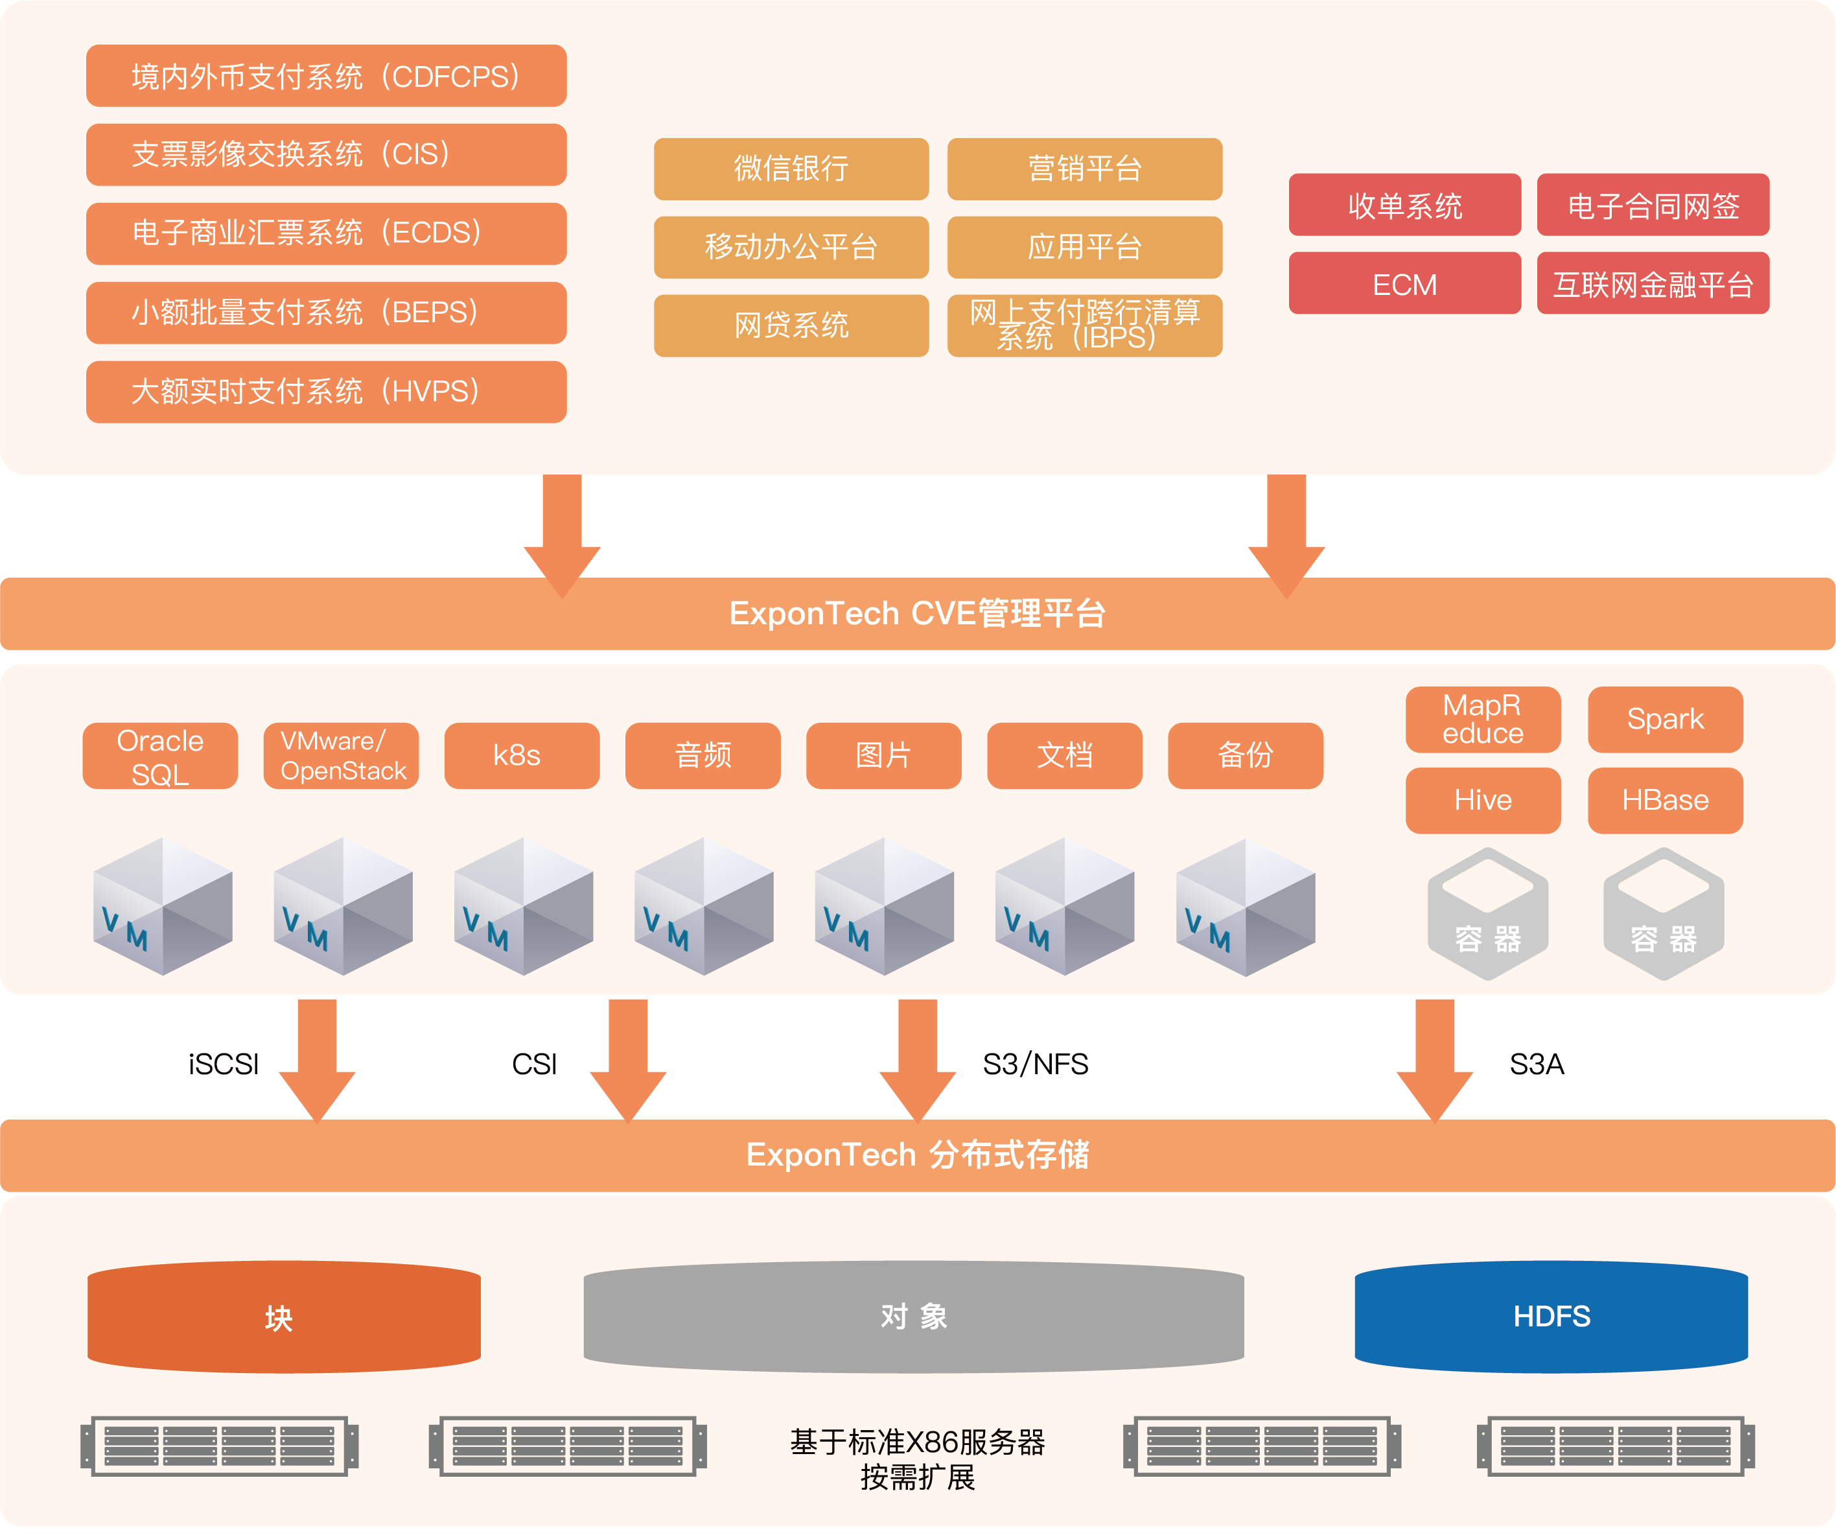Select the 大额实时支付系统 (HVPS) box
pyautogui.click(x=326, y=392)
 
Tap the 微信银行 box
pyautogui.click(x=791, y=169)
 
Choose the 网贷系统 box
pyautogui.click(x=791, y=325)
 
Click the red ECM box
pyautogui.click(x=1405, y=283)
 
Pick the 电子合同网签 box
pyautogui.click(x=1653, y=205)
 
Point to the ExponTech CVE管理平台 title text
pyautogui.click(x=917, y=614)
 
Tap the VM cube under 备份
pyautogui.click(x=1246, y=907)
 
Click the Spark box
pyautogui.click(x=1666, y=720)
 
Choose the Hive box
pyautogui.click(x=1483, y=800)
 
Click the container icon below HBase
pyautogui.click(x=1664, y=914)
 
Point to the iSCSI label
pyautogui.click(x=224, y=1064)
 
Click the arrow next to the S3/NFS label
pyautogui.click(x=917, y=1061)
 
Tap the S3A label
pyautogui.click(x=1537, y=1064)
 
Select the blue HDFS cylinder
pyautogui.click(x=1551, y=1316)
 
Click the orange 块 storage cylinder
pyautogui.click(x=284, y=1316)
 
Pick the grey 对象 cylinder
pyautogui.click(x=914, y=1316)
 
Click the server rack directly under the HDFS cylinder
pyautogui.click(x=1616, y=1446)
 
